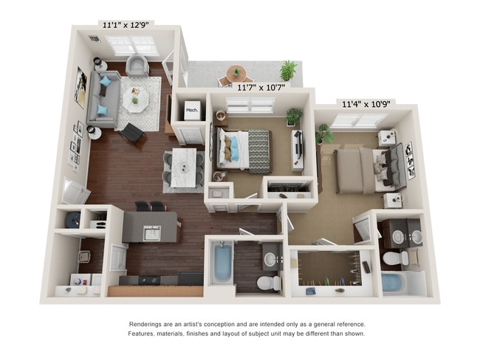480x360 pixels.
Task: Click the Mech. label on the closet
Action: coord(192,111)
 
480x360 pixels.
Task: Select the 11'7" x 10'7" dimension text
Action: coord(261,87)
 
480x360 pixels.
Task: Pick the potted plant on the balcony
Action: coord(288,71)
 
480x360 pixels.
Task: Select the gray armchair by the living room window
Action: coord(137,67)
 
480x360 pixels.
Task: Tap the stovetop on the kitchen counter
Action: coord(148,280)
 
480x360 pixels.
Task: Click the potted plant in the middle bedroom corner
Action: coord(294,117)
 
